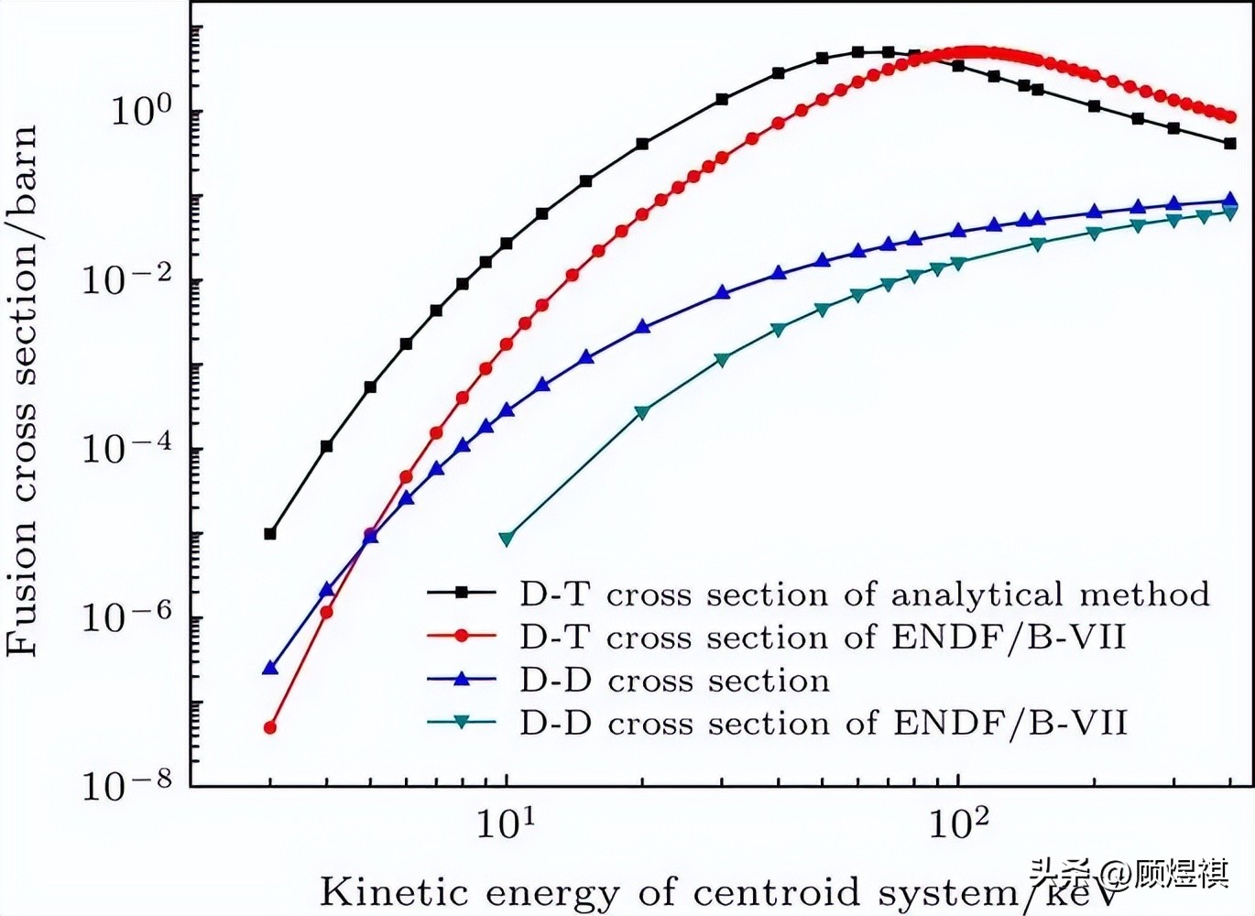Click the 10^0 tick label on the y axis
tap(142, 110)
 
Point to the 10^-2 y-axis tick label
tap(127, 279)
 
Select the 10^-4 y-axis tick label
tap(127, 448)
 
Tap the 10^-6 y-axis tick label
tap(127, 617)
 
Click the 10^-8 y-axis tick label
tap(127, 785)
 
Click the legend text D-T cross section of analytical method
tap(865, 594)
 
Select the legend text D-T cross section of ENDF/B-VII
tap(823, 637)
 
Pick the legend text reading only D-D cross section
tap(674, 681)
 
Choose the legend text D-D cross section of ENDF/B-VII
tap(823, 724)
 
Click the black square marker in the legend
tap(461, 592)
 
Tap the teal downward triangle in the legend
tap(461, 723)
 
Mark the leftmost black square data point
tap(270, 533)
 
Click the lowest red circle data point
tap(270, 727)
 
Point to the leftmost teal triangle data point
tap(507, 539)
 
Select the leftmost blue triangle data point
tap(270, 667)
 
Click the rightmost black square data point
tap(1229, 144)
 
